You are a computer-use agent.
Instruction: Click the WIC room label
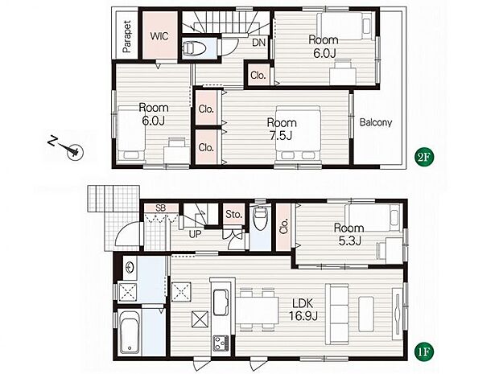click(159, 36)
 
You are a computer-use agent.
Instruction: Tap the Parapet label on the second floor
click(127, 36)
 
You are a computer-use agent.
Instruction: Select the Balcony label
click(376, 122)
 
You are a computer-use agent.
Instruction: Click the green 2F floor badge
click(424, 157)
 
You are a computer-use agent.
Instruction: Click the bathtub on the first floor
click(130, 331)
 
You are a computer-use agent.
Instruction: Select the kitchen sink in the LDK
click(221, 302)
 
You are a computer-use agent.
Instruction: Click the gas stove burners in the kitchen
click(221, 343)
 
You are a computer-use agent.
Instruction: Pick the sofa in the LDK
click(337, 314)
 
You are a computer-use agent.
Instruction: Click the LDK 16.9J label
click(303, 310)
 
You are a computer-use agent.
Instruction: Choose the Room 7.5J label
click(282, 129)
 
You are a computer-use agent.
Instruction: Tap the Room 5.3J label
click(348, 234)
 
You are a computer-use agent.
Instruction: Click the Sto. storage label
click(234, 215)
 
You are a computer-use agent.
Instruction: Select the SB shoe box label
click(161, 208)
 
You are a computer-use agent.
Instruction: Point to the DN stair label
click(258, 43)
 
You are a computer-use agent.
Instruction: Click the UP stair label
click(195, 234)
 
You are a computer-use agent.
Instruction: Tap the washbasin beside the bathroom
click(130, 267)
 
